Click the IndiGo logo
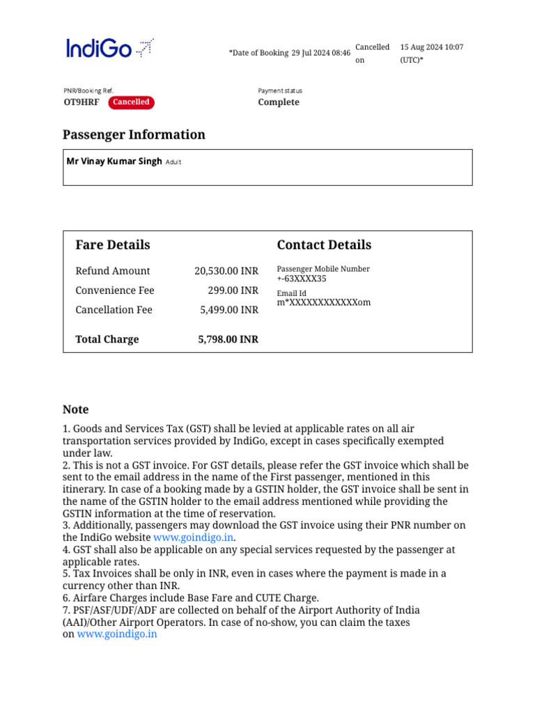pos(109,48)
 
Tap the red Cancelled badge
pos(131,102)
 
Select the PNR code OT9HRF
pos(82,102)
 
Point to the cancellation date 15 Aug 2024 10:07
pos(431,47)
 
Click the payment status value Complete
pos(279,102)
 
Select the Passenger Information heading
pos(134,135)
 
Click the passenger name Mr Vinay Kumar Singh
pos(114,162)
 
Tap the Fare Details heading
pos(113,245)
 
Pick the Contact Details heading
pos(324,245)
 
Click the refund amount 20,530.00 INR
pos(226,271)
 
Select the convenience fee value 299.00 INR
pos(233,290)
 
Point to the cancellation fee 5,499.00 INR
pos(229,310)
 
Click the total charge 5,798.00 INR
pos(228,340)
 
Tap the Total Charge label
pos(107,340)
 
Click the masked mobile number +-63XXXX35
pos(302,279)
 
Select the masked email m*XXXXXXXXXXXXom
pos(324,303)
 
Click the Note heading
pos(76,409)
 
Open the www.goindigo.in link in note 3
pos(194,538)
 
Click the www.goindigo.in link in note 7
pos(117,634)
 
